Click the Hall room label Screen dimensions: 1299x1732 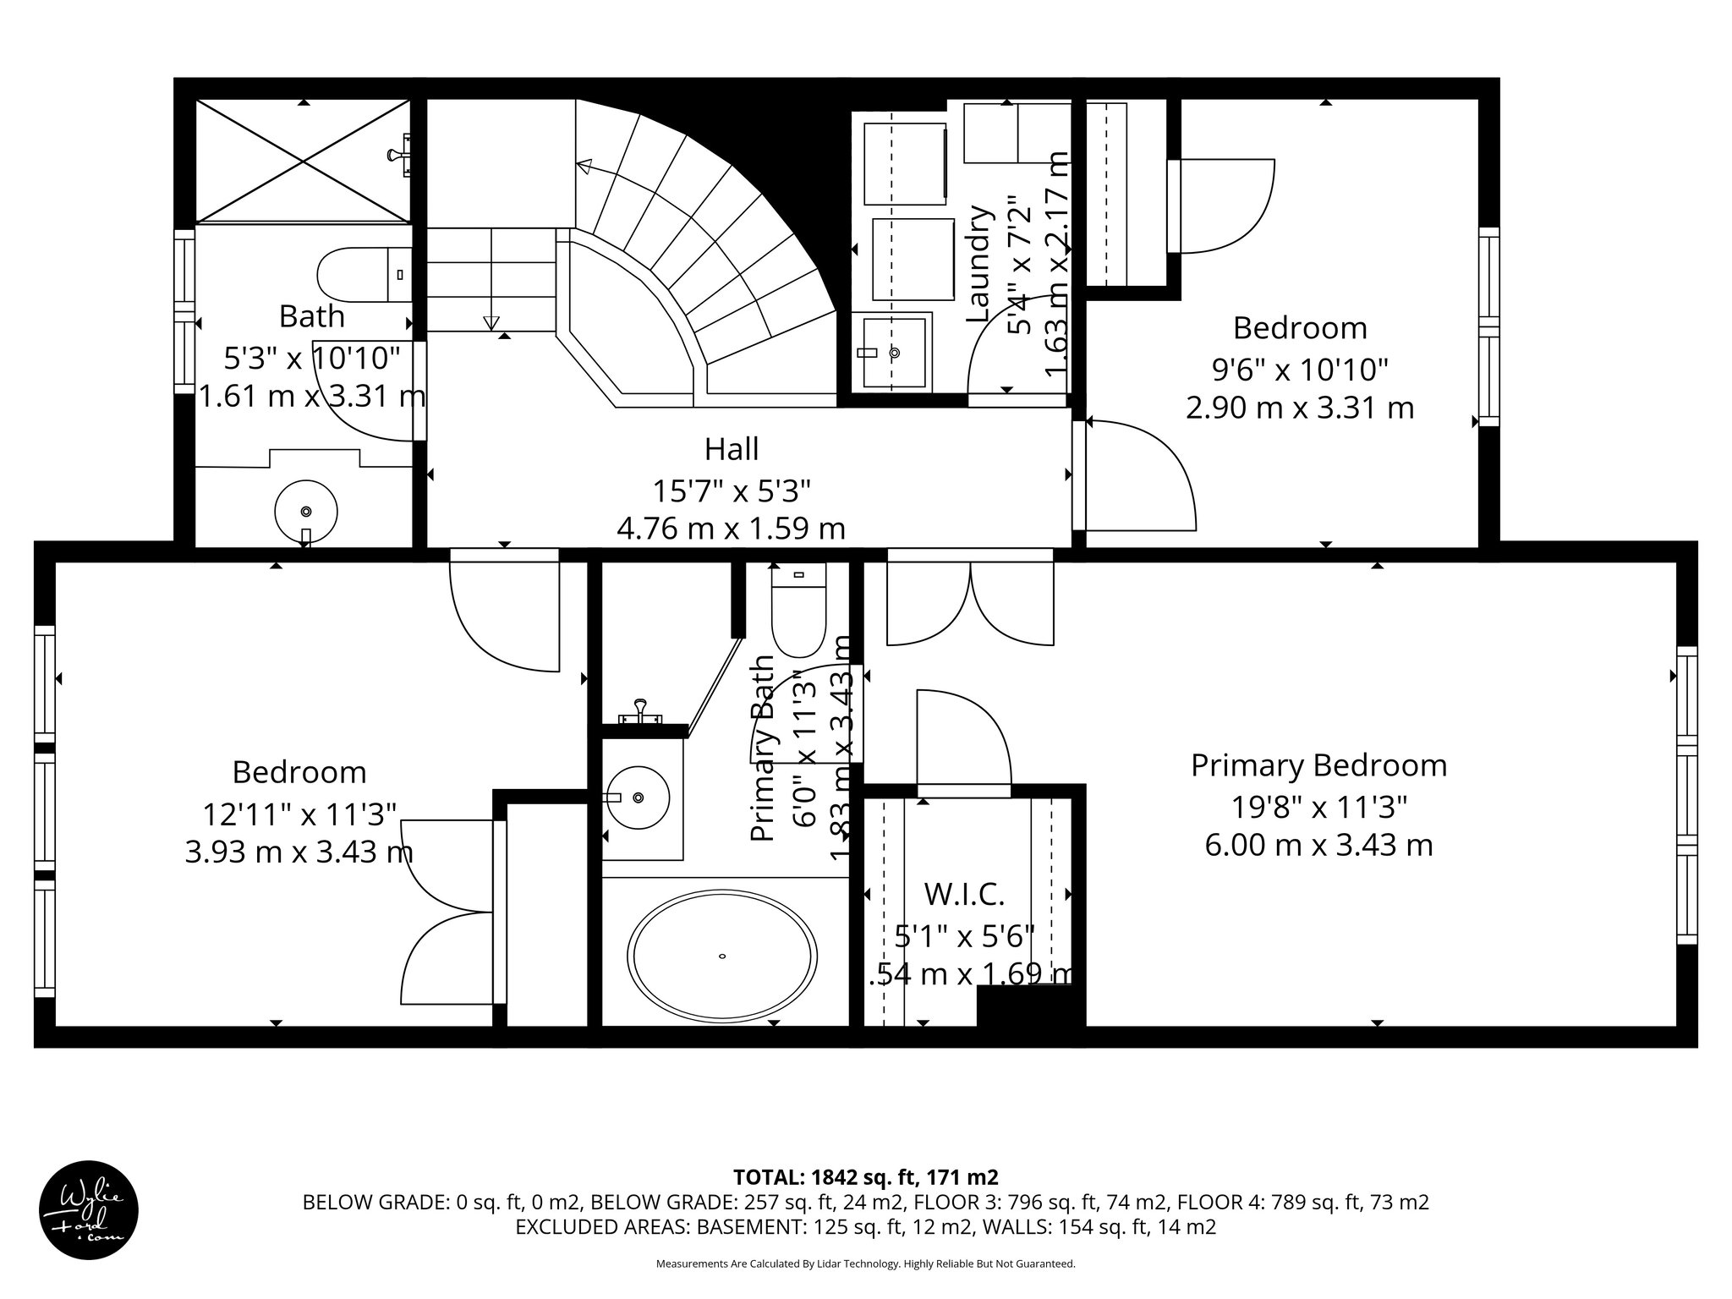(732, 449)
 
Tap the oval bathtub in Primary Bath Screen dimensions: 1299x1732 (721, 956)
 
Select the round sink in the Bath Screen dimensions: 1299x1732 (306, 511)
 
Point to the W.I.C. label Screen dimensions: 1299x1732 (964, 894)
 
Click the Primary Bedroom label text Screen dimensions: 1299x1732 (1318, 765)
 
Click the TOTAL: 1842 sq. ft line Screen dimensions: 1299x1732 (865, 1177)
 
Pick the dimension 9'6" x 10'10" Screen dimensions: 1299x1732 (1300, 370)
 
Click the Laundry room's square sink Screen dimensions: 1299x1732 (893, 352)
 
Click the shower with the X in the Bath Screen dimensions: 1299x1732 (303, 161)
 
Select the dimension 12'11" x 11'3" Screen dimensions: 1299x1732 (299, 814)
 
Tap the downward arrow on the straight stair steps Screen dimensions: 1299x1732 (491, 322)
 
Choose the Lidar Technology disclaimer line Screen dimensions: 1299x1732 (865, 1264)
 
